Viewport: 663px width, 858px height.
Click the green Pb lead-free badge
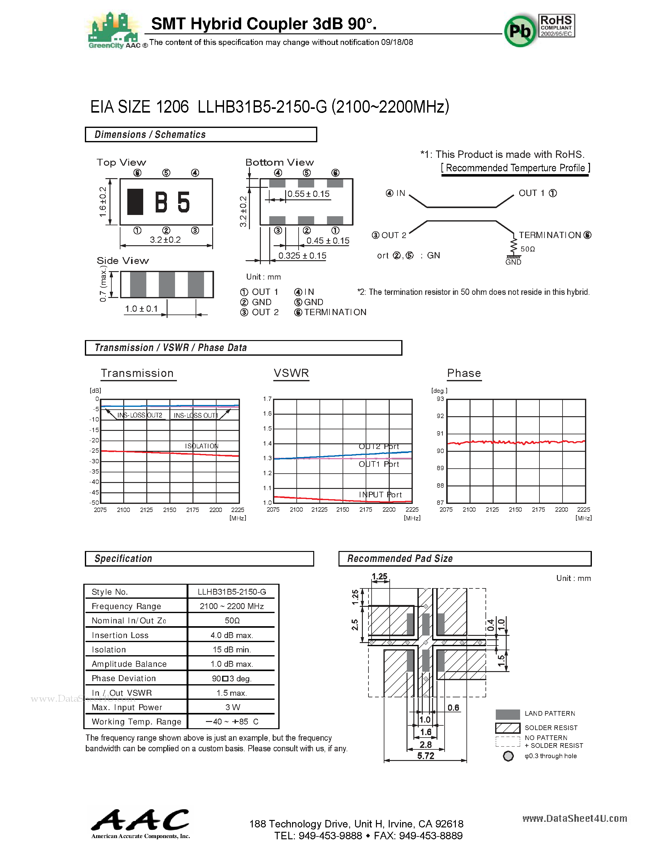click(x=520, y=31)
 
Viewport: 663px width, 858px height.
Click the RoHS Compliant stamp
click(x=557, y=26)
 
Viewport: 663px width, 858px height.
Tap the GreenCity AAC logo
click(x=114, y=31)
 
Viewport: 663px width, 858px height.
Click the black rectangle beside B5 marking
click(x=135, y=202)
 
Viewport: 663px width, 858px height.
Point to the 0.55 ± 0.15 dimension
click(x=308, y=194)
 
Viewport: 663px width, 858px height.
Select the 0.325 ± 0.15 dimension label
click(x=302, y=256)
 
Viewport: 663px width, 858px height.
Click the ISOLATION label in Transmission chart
click(x=202, y=446)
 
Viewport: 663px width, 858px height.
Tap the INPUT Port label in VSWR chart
click(x=380, y=495)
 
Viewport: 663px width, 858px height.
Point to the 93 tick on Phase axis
click(x=440, y=399)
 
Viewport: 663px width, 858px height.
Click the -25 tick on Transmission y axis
click(x=94, y=451)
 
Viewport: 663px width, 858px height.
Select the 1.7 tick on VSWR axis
click(x=267, y=399)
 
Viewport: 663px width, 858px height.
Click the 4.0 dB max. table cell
click(x=232, y=635)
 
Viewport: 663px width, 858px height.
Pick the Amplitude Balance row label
click(x=129, y=664)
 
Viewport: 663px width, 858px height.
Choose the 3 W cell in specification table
click(x=232, y=707)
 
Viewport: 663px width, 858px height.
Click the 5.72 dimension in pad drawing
click(x=425, y=756)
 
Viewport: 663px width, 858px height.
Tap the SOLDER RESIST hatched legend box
click(x=507, y=728)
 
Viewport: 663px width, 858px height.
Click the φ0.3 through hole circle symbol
click(x=508, y=756)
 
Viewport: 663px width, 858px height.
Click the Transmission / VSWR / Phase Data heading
click(x=170, y=348)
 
